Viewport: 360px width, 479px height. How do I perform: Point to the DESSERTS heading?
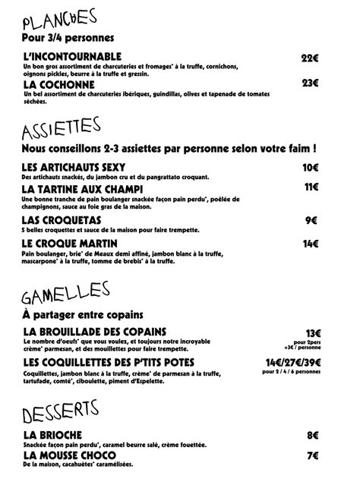(62, 413)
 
